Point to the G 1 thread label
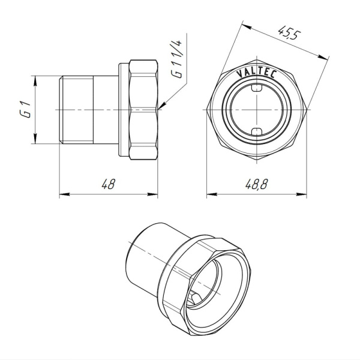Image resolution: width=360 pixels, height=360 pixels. point(25,109)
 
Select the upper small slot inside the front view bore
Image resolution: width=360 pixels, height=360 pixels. point(257,88)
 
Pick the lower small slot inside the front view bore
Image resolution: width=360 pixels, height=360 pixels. point(257,131)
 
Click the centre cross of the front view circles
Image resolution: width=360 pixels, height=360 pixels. point(257,110)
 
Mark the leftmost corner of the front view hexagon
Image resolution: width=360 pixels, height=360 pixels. point(206,110)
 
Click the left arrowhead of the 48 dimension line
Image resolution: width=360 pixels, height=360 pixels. point(62,194)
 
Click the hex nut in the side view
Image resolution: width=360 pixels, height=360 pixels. point(143,109)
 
